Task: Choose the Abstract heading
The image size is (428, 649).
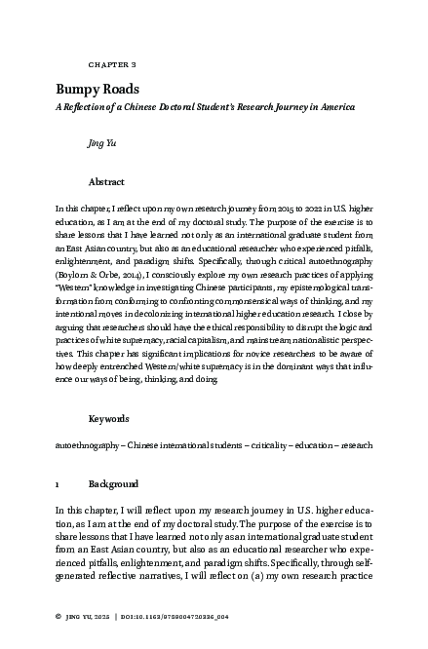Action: [106, 181]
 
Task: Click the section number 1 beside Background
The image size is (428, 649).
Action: [58, 483]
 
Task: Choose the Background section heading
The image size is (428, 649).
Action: [113, 483]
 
